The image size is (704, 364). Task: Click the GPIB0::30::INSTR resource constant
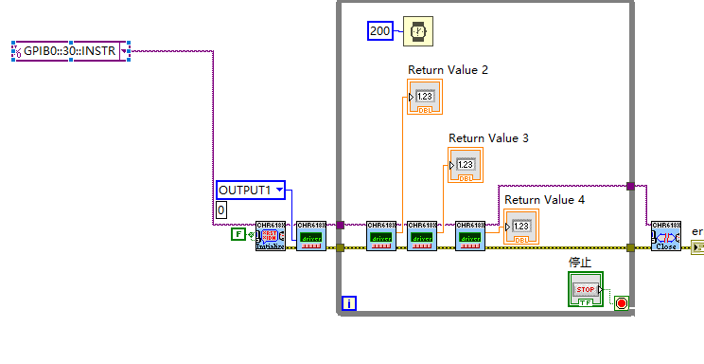coord(72,50)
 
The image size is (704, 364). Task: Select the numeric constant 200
coord(379,31)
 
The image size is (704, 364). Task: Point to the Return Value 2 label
coord(448,70)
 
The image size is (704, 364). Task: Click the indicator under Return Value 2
coord(425,98)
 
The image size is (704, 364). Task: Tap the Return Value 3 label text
coord(488,138)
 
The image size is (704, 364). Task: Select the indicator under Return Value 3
coord(466,166)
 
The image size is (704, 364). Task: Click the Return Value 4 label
coord(544,200)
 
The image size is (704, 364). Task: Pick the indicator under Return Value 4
coord(521,227)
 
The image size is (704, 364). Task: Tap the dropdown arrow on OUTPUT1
coord(278,191)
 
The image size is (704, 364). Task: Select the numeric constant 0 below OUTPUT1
coord(221,209)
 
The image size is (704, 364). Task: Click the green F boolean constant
coord(238,234)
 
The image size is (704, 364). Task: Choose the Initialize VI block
coord(270,236)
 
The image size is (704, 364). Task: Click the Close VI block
coord(665,236)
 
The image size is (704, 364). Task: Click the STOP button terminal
coord(585,289)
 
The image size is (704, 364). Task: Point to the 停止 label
coord(578,262)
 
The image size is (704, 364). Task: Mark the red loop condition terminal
coord(622,303)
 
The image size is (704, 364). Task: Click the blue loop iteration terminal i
coord(349,303)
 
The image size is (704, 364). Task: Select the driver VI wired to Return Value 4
coord(469,236)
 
